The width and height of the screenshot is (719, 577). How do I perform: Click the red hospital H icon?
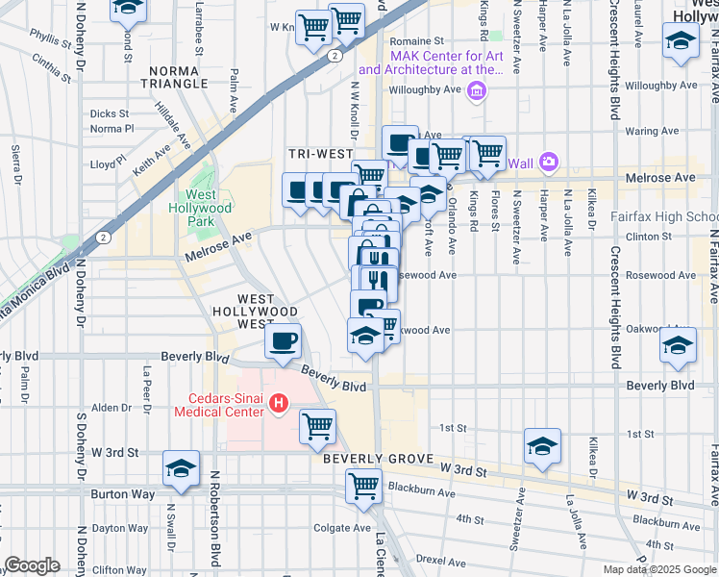278,402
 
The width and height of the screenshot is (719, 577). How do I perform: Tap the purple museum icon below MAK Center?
475,91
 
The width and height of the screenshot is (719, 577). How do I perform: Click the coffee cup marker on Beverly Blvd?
283,342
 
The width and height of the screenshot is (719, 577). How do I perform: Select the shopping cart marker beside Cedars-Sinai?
317,424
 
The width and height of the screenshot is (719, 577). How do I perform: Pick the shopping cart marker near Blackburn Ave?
363,486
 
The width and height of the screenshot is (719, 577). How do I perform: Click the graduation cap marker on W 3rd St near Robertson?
181,467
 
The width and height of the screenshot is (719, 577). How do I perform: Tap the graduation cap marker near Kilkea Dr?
542,445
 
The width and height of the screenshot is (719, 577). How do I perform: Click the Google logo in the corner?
32,565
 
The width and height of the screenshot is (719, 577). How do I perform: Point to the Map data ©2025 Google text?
658,569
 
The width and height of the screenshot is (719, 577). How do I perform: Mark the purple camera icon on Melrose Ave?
548,162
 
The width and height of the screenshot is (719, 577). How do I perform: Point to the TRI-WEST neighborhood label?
314,154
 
